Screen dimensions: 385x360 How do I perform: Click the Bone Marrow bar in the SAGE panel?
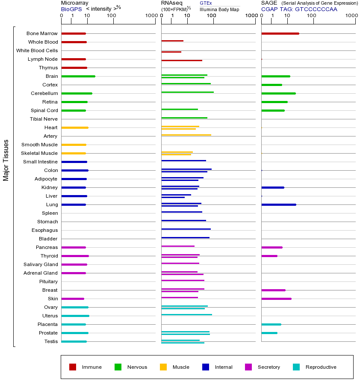click(280, 33)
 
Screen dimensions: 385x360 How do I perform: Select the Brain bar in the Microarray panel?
click(78, 76)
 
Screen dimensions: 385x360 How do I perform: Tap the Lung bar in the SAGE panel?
click(278, 204)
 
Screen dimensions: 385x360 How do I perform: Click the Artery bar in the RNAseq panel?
click(186, 135)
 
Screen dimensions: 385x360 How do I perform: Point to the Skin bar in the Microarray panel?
click(73, 299)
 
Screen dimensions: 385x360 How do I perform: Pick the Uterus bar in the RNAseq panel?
click(186, 314)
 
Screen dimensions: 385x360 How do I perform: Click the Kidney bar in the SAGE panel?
click(272, 187)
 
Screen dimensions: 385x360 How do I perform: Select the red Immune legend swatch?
click(73, 367)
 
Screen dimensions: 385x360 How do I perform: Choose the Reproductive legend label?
click(321, 367)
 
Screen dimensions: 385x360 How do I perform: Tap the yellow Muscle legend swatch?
click(163, 367)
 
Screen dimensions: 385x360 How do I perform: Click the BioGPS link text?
click(71, 9)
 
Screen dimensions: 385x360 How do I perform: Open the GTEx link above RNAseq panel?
click(206, 3)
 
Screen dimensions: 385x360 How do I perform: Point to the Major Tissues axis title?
click(6, 160)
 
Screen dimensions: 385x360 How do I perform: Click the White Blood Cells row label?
click(37, 50)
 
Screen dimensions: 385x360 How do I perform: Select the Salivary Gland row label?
click(41, 264)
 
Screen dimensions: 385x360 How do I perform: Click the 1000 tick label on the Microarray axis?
click(150, 16)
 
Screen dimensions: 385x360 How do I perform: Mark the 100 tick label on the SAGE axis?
click(312, 16)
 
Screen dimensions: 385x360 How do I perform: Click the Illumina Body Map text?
click(219, 9)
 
